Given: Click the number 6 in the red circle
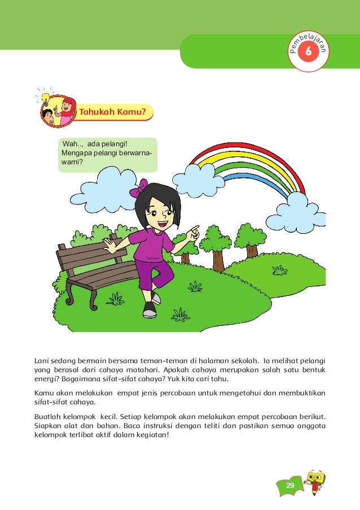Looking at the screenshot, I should click(x=308, y=52).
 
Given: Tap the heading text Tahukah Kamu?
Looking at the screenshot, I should click(x=116, y=112).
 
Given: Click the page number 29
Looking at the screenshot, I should click(x=290, y=486).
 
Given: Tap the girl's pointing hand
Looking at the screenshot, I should click(x=193, y=231).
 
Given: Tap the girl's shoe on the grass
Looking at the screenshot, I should click(x=150, y=310).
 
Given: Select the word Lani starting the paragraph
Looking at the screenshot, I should click(x=42, y=359).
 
